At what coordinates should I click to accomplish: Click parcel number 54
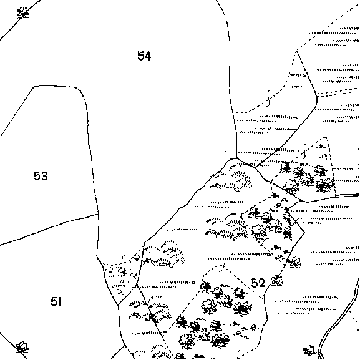pyautogui.click(x=144, y=56)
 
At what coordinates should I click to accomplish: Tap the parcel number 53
pyautogui.click(x=41, y=176)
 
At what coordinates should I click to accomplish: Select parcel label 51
pyautogui.click(x=56, y=301)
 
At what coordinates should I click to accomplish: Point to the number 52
pyautogui.click(x=258, y=283)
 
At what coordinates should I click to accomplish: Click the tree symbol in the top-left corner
pyautogui.click(x=23, y=12)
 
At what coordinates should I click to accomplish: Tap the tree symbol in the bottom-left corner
pyautogui.click(x=22, y=347)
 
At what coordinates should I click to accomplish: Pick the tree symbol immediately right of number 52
pyautogui.click(x=277, y=281)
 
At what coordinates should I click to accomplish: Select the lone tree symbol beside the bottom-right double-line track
pyautogui.click(x=310, y=350)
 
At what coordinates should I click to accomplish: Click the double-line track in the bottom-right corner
pyautogui.click(x=339, y=319)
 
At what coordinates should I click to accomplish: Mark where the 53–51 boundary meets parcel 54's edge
pyautogui.click(x=99, y=214)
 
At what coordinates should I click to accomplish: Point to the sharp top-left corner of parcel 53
pyautogui.click(x=34, y=87)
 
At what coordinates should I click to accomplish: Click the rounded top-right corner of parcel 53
pyautogui.click(x=81, y=90)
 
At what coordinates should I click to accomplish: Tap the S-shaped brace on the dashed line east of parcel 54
pyautogui.click(x=268, y=98)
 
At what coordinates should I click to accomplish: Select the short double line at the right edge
pyautogui.click(x=347, y=195)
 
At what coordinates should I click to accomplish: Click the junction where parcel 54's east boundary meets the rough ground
pyautogui.click(x=236, y=158)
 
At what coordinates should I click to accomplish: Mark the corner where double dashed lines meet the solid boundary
pyautogui.click(x=317, y=96)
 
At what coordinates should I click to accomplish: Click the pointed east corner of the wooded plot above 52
pyautogui.click(x=304, y=232)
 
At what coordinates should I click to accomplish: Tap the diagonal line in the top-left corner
pyautogui.click(x=20, y=20)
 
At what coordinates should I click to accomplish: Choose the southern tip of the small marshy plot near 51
pyautogui.click(x=118, y=304)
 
